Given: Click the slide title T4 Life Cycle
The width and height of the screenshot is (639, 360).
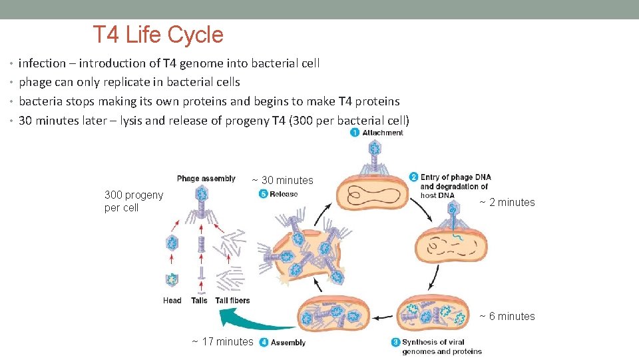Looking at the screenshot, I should click(x=158, y=35).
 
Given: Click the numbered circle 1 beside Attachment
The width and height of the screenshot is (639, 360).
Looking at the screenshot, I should click(x=355, y=133).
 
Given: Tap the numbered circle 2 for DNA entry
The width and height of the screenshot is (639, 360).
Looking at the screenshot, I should click(x=413, y=177).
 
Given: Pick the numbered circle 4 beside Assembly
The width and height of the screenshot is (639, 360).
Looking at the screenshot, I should click(x=264, y=342).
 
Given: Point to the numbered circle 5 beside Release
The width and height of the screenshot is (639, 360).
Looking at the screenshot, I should click(x=263, y=194).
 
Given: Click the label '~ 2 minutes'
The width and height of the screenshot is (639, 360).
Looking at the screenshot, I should click(x=507, y=203).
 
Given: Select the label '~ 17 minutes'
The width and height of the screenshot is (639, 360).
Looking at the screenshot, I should click(x=222, y=342).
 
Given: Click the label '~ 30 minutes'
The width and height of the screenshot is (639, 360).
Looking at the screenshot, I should click(x=282, y=180).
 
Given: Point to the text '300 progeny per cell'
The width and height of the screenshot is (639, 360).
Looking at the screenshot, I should click(x=133, y=201).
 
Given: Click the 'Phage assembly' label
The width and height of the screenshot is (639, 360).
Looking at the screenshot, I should click(x=206, y=179).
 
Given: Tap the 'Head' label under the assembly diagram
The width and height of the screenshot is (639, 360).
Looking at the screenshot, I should click(x=172, y=301).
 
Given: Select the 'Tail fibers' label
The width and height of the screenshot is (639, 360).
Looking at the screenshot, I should click(x=232, y=301).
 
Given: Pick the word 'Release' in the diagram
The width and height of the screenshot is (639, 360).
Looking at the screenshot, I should click(x=284, y=194).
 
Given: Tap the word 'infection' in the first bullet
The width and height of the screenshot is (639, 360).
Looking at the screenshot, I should click(x=42, y=63).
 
